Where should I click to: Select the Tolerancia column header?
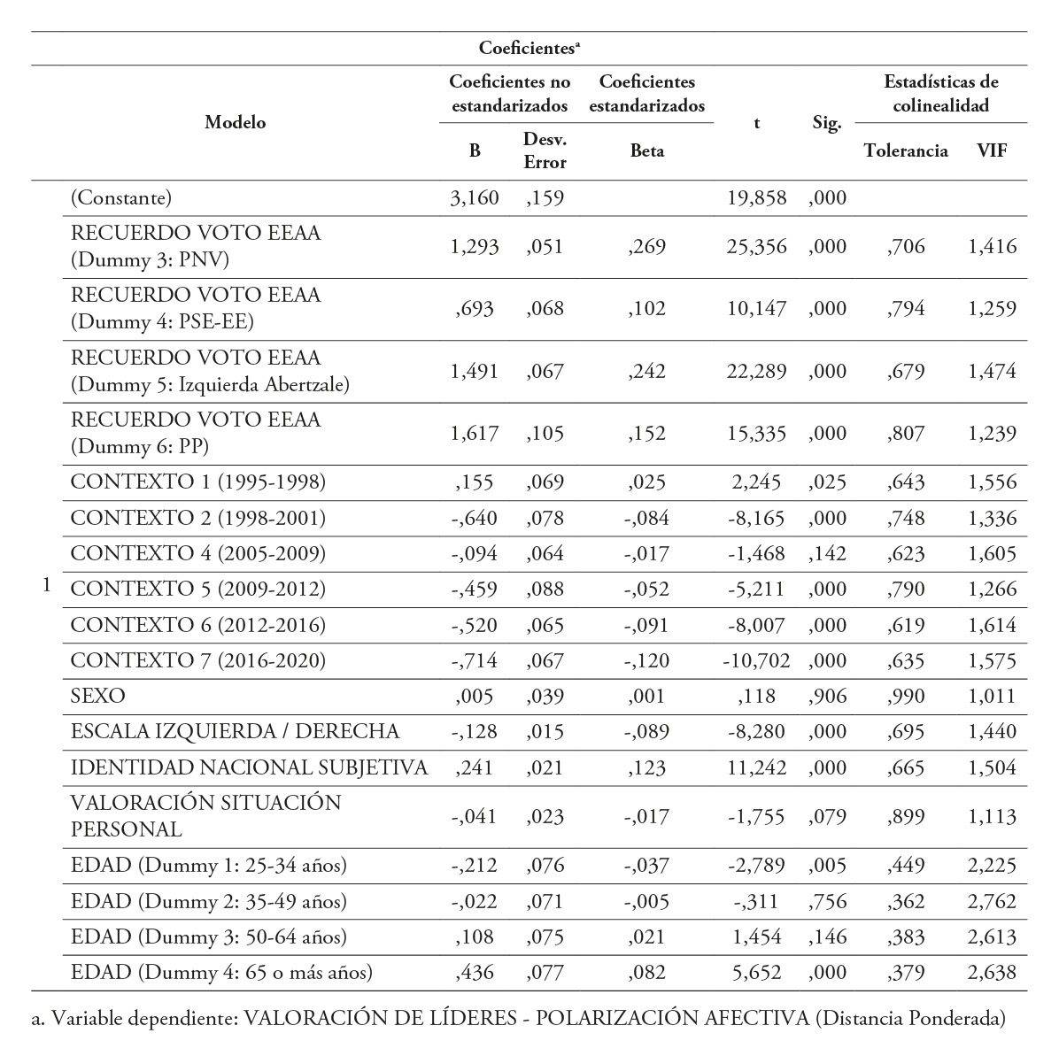tap(905, 150)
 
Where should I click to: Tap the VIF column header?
tap(992, 150)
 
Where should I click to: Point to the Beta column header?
tap(646, 150)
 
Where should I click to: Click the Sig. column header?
tap(826, 124)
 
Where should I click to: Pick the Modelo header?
tap(236, 123)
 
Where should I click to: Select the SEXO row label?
tap(97, 696)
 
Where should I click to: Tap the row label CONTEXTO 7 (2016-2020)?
tap(197, 660)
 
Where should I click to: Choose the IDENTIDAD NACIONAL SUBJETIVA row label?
tap(249, 767)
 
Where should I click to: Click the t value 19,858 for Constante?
tap(757, 197)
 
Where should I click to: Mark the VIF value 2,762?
tap(992, 902)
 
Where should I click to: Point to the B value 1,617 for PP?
tap(475, 434)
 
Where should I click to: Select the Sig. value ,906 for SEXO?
tap(827, 696)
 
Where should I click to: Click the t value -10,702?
tap(754, 660)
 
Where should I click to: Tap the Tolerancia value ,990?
tap(905, 696)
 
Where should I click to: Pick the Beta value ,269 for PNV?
tap(646, 247)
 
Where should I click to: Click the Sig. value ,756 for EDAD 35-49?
tap(827, 902)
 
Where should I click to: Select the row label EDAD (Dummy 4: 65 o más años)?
tap(221, 973)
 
